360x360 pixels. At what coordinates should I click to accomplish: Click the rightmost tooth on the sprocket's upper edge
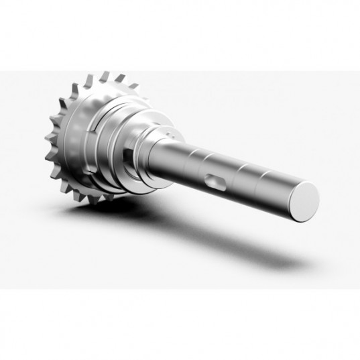pos(133,85)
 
